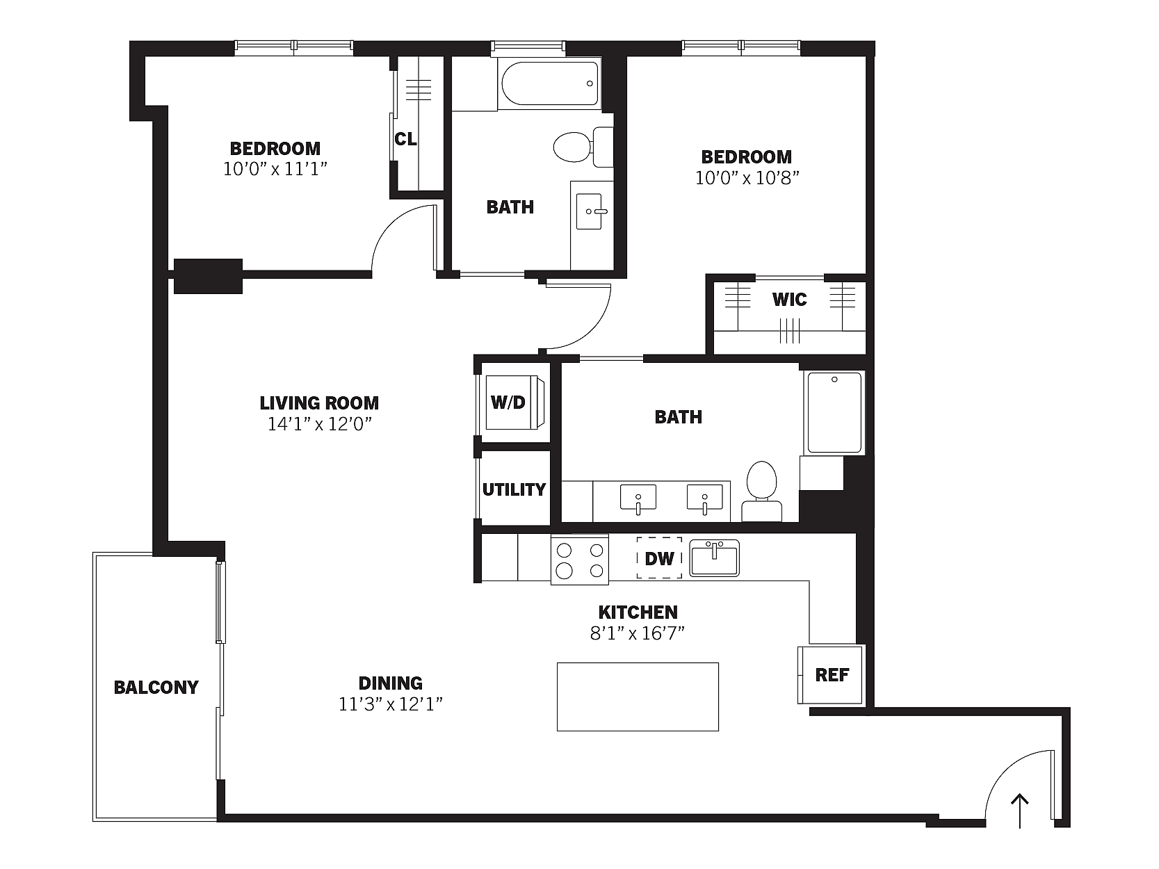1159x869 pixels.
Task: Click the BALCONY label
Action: tap(156, 688)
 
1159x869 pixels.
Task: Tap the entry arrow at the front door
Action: tap(1020, 811)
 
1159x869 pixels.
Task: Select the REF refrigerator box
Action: tap(830, 675)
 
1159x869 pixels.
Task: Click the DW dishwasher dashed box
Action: tap(660, 558)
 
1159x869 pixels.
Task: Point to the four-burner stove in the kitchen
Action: tap(580, 560)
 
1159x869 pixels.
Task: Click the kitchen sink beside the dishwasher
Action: tap(715, 558)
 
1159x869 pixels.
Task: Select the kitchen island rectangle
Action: tap(638, 697)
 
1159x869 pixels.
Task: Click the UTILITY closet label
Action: tap(514, 489)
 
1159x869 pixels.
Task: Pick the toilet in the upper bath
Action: tap(583, 146)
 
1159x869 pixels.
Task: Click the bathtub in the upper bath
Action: tap(549, 83)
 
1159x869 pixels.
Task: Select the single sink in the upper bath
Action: tap(590, 211)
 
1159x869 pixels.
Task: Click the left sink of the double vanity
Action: tap(638, 498)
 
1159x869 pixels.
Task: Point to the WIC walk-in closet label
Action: tap(789, 300)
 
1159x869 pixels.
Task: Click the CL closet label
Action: tap(405, 139)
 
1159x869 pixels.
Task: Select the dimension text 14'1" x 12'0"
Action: tap(320, 424)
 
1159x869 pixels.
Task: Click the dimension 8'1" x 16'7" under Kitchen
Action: tap(638, 633)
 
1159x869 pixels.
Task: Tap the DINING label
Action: tap(391, 683)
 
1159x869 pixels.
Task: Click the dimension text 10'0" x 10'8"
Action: tap(747, 179)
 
